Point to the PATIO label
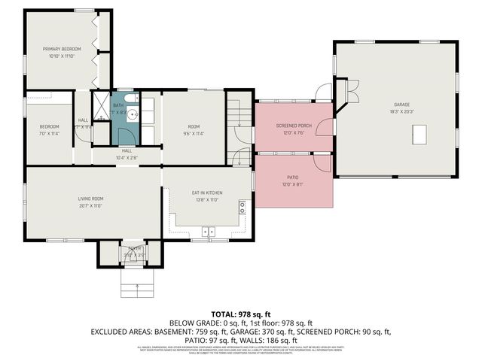coord(291,177)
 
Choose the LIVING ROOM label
coord(90,199)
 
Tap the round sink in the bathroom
coord(131,115)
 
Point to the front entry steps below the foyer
coord(136,284)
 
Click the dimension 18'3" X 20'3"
coord(401,111)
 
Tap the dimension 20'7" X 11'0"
coord(90,205)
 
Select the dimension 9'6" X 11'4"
coord(194,133)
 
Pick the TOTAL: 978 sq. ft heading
coord(241,314)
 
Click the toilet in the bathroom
coord(130,99)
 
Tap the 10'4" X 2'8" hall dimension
coord(127,157)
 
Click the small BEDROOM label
coord(50,126)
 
